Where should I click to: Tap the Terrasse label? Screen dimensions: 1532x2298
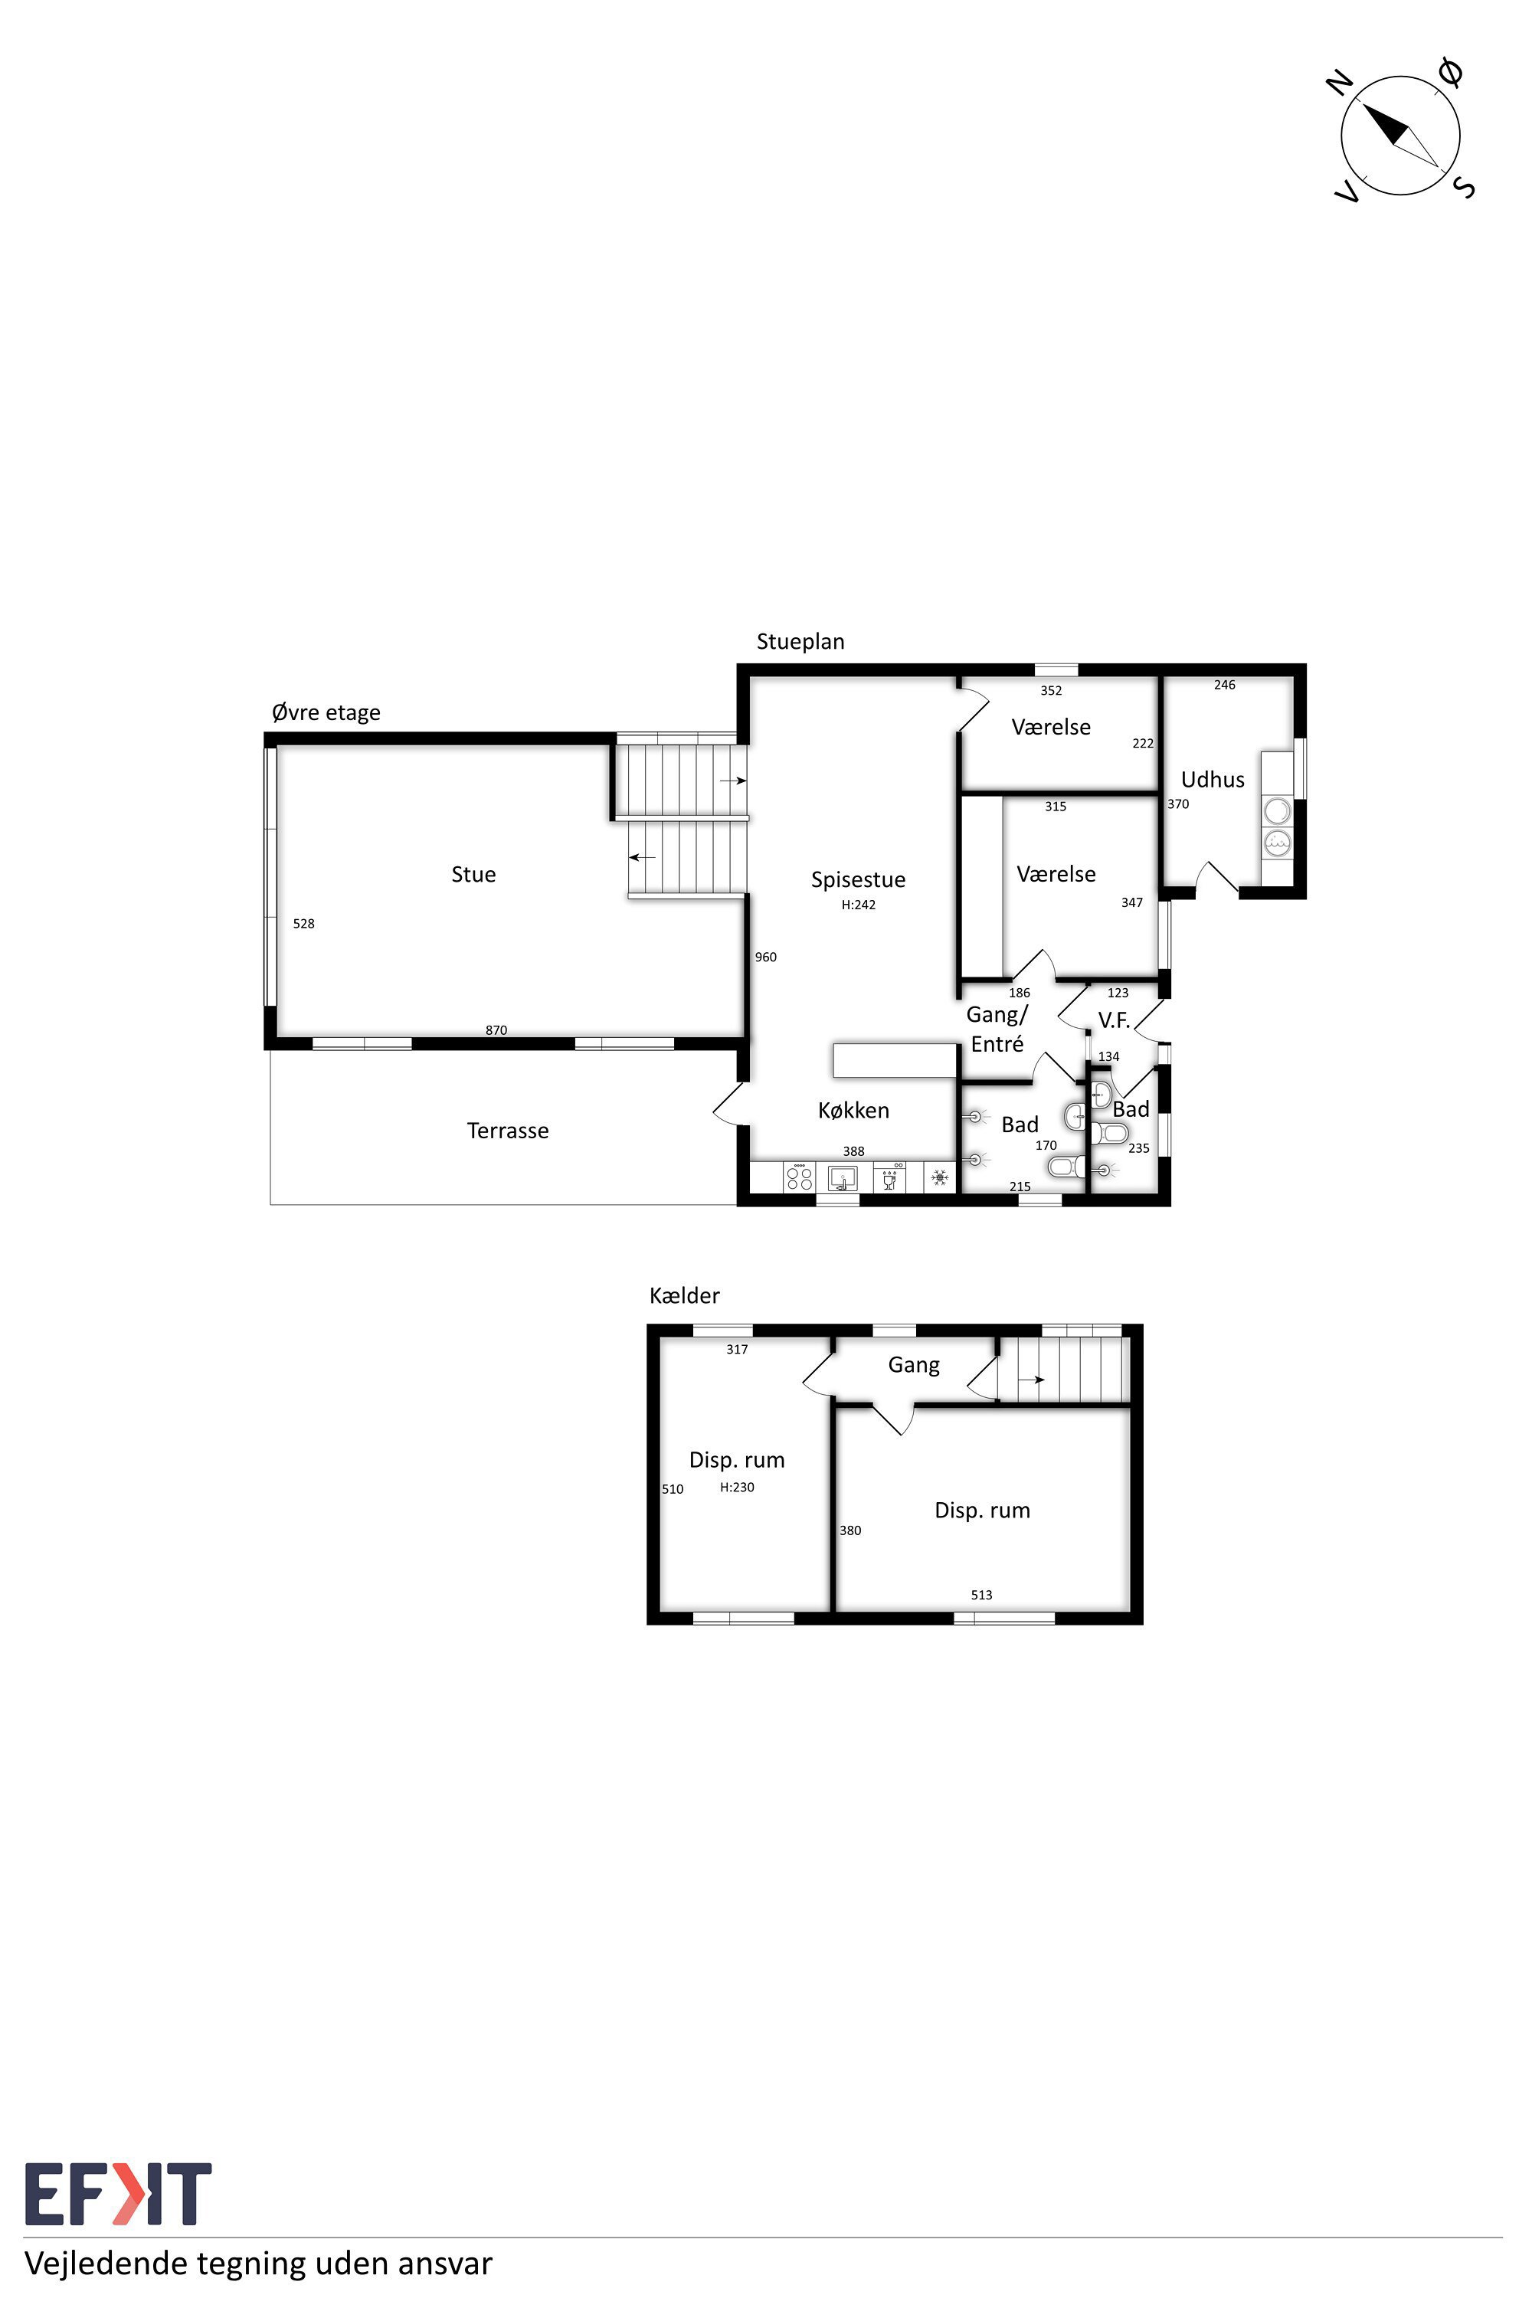pos(508,1131)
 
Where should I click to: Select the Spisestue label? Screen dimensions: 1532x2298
pos(858,880)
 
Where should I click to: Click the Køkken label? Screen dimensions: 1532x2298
pos(853,1110)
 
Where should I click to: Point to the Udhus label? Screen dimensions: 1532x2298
pos(1213,780)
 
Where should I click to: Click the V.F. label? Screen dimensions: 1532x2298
pos(1114,1020)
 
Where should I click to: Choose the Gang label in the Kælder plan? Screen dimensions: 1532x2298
pos(914,1365)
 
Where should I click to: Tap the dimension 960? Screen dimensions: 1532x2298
pos(766,957)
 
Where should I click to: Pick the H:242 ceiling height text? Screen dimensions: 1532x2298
pos(859,905)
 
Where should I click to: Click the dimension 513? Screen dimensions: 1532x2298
pos(981,1595)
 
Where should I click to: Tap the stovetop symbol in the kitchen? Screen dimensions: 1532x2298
pos(799,1177)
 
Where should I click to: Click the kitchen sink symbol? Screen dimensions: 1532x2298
pos(842,1177)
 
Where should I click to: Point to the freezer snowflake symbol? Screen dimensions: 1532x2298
pos(940,1177)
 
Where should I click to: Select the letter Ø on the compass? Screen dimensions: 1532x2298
pos(1451,71)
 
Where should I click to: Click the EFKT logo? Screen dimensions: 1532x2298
pos(118,2194)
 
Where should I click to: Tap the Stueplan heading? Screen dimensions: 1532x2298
pos(800,642)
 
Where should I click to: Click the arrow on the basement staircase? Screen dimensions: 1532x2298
pos(1031,1380)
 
